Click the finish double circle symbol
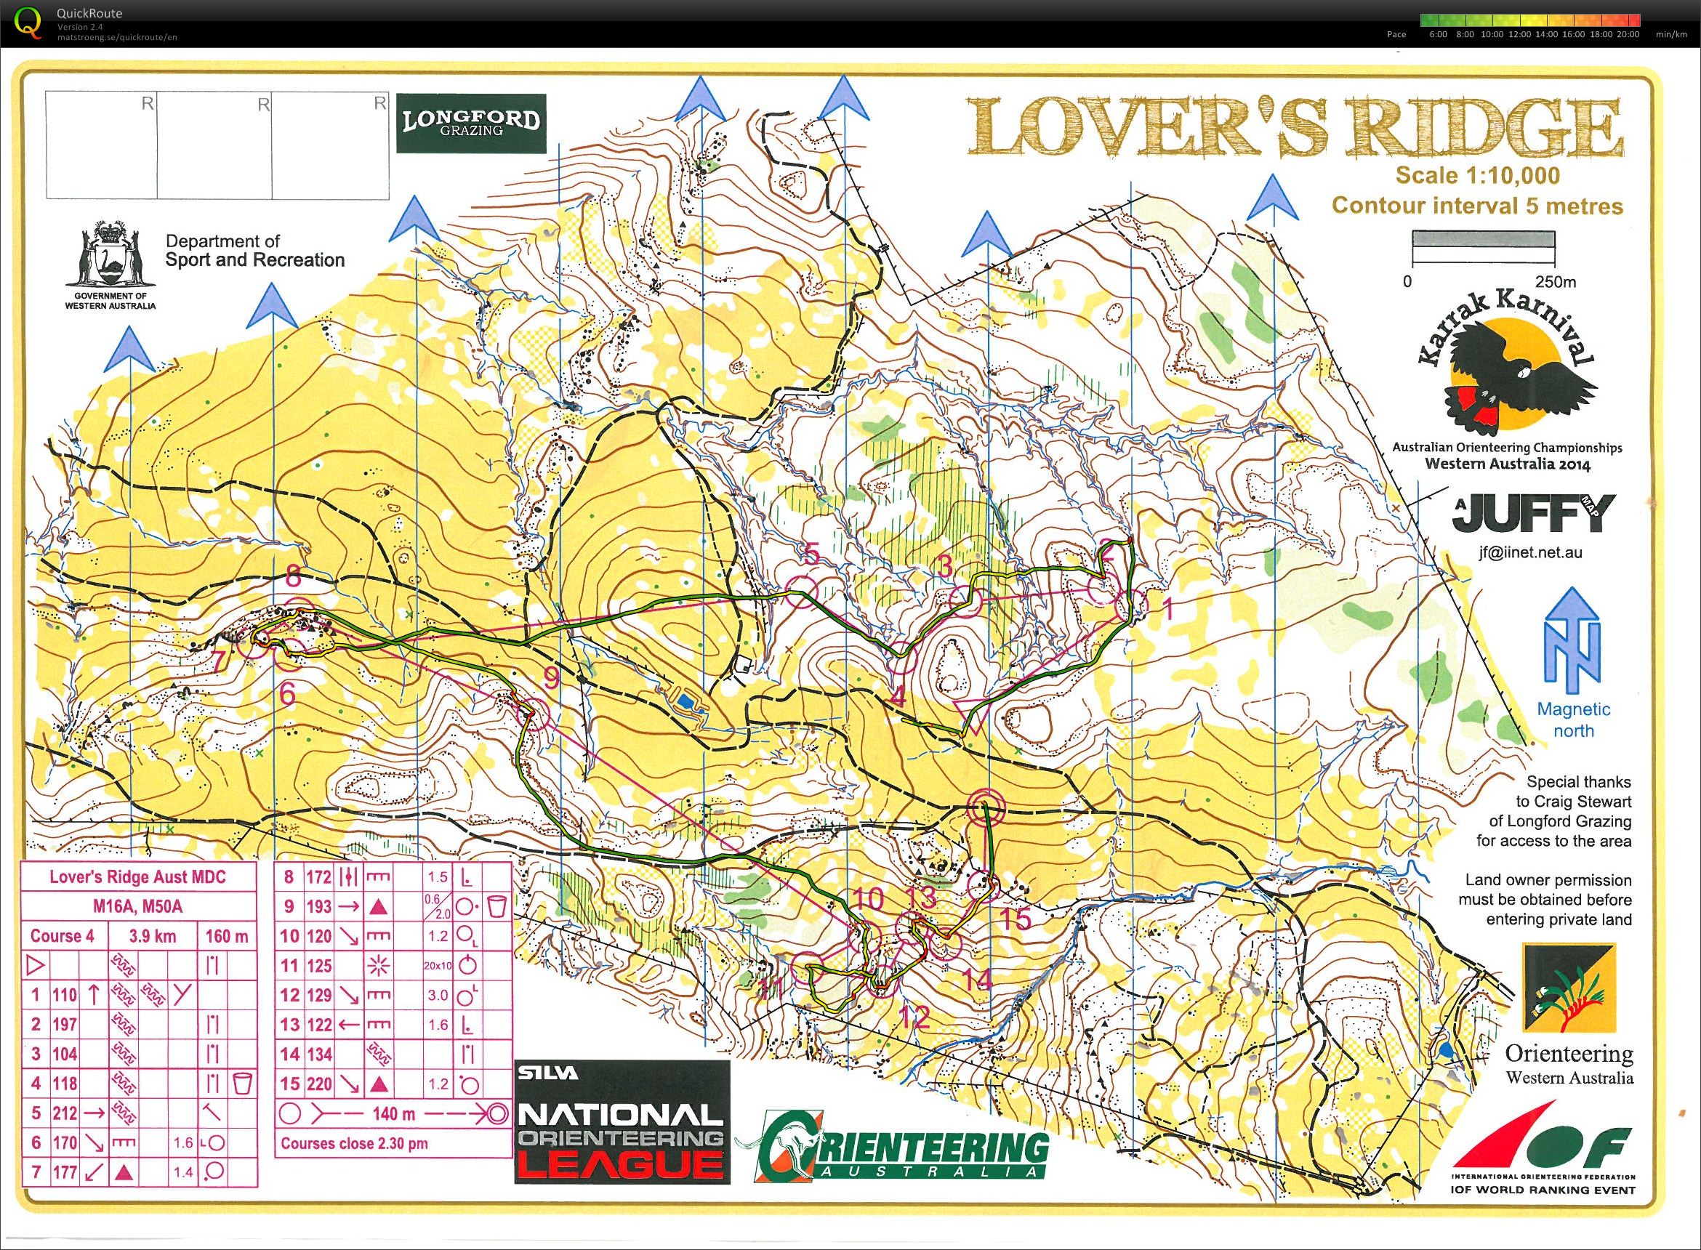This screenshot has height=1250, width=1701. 985,807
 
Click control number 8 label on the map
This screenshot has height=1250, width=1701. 292,578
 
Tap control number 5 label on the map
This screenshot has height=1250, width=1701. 811,555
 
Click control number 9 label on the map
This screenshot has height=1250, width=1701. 551,679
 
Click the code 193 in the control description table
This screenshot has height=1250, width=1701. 319,906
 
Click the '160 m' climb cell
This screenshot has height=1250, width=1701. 227,936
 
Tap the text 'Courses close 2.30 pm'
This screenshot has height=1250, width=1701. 354,1143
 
